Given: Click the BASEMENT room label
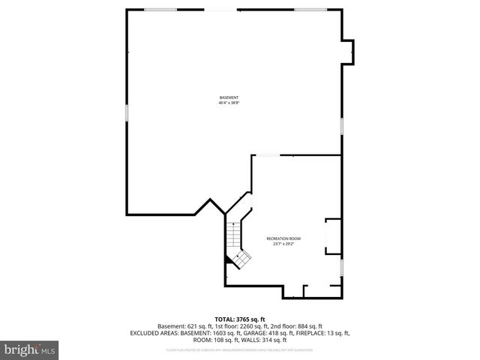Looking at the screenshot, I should click(229, 97).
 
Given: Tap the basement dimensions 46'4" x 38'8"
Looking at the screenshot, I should click(229, 103).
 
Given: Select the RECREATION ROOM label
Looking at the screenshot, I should click(283, 238).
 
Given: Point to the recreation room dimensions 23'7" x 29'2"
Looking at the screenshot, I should click(283, 244).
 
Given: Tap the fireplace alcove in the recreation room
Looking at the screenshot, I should click(332, 238).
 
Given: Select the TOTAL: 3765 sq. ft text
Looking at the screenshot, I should click(240, 319).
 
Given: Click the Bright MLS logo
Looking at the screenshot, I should click(30, 349).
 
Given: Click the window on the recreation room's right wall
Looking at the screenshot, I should click(342, 268).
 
